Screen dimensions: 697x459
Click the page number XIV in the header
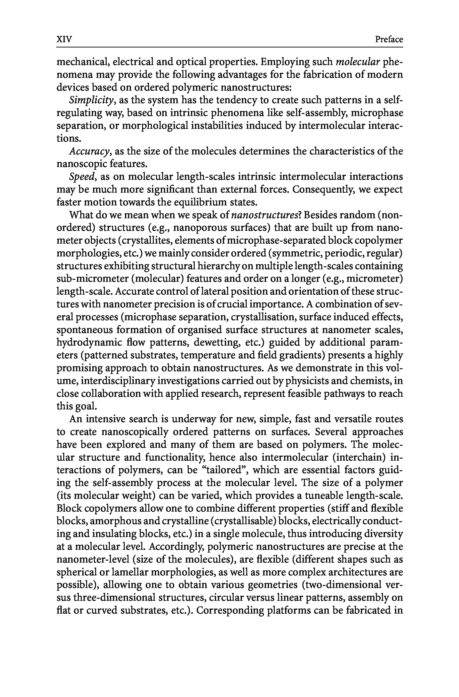(64, 39)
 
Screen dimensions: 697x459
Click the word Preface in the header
(389, 39)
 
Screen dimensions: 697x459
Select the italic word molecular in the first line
(358, 62)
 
